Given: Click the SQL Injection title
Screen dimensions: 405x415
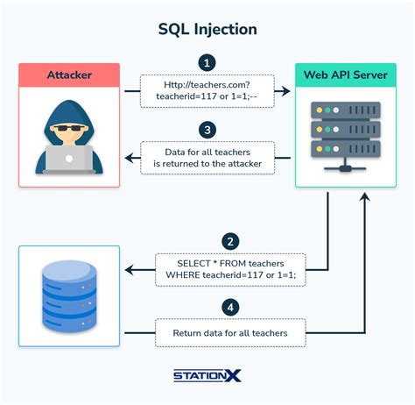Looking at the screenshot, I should [x=207, y=29].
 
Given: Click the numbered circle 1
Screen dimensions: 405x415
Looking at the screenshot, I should [x=207, y=63].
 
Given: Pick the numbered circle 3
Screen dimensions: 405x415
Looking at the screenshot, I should [x=207, y=130].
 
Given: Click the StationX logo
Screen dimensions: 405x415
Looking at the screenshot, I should [x=207, y=376].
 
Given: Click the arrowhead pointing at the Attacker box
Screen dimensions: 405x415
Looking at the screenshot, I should [x=129, y=159].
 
